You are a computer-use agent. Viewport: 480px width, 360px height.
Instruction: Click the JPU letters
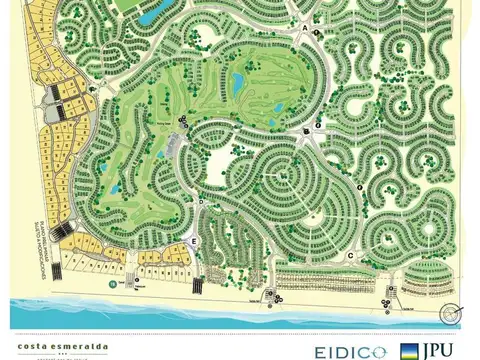click(x=447, y=350)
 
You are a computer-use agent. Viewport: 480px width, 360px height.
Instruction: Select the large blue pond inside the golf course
click(x=238, y=80)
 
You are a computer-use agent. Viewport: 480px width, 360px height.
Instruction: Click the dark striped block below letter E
click(x=197, y=284)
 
